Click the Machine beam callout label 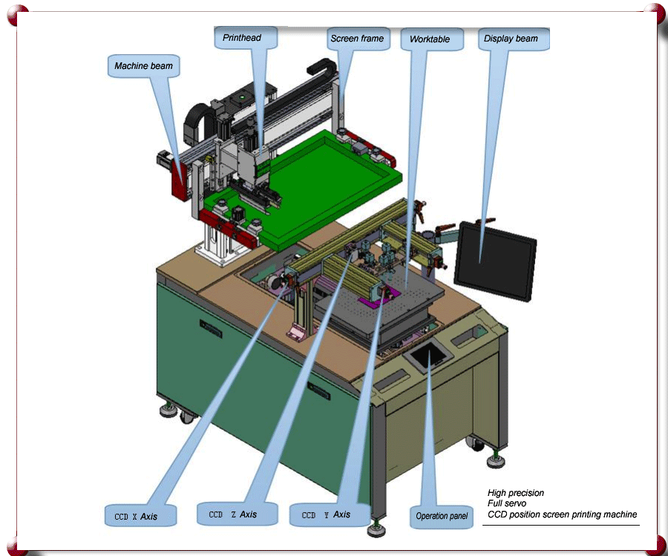[143, 66]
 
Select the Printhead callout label [241, 37]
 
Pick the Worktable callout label [430, 39]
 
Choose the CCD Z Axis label [233, 514]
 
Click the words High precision [516, 493]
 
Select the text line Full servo [507, 503]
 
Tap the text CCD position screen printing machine [562, 514]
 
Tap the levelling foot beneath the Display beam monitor [494, 460]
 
